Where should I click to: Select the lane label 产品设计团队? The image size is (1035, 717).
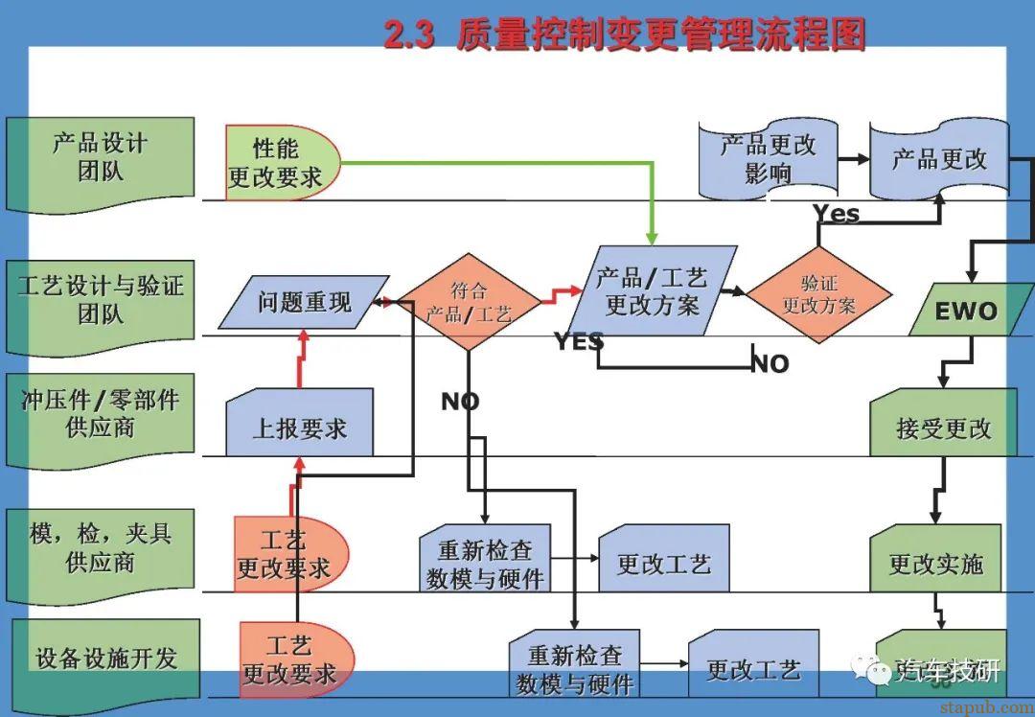coord(101,158)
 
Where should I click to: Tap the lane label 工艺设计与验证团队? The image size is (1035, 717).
coord(101,299)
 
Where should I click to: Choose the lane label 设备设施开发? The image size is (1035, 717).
coord(106,659)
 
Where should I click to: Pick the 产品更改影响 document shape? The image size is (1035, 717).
coord(768,159)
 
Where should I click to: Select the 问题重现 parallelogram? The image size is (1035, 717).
coord(304,303)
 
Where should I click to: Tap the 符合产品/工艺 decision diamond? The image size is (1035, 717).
coord(469,301)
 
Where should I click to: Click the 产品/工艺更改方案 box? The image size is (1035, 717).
coord(652,292)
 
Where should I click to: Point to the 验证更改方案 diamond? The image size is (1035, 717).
coord(818,294)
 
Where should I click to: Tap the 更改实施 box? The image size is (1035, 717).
coord(935,563)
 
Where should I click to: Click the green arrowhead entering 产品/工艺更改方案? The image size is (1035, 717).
coord(652,237)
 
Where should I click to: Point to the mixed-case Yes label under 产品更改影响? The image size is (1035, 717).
coord(836,214)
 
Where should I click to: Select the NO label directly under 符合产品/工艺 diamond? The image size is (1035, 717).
coord(460,402)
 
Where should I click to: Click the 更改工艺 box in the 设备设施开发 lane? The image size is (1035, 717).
coord(753,668)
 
